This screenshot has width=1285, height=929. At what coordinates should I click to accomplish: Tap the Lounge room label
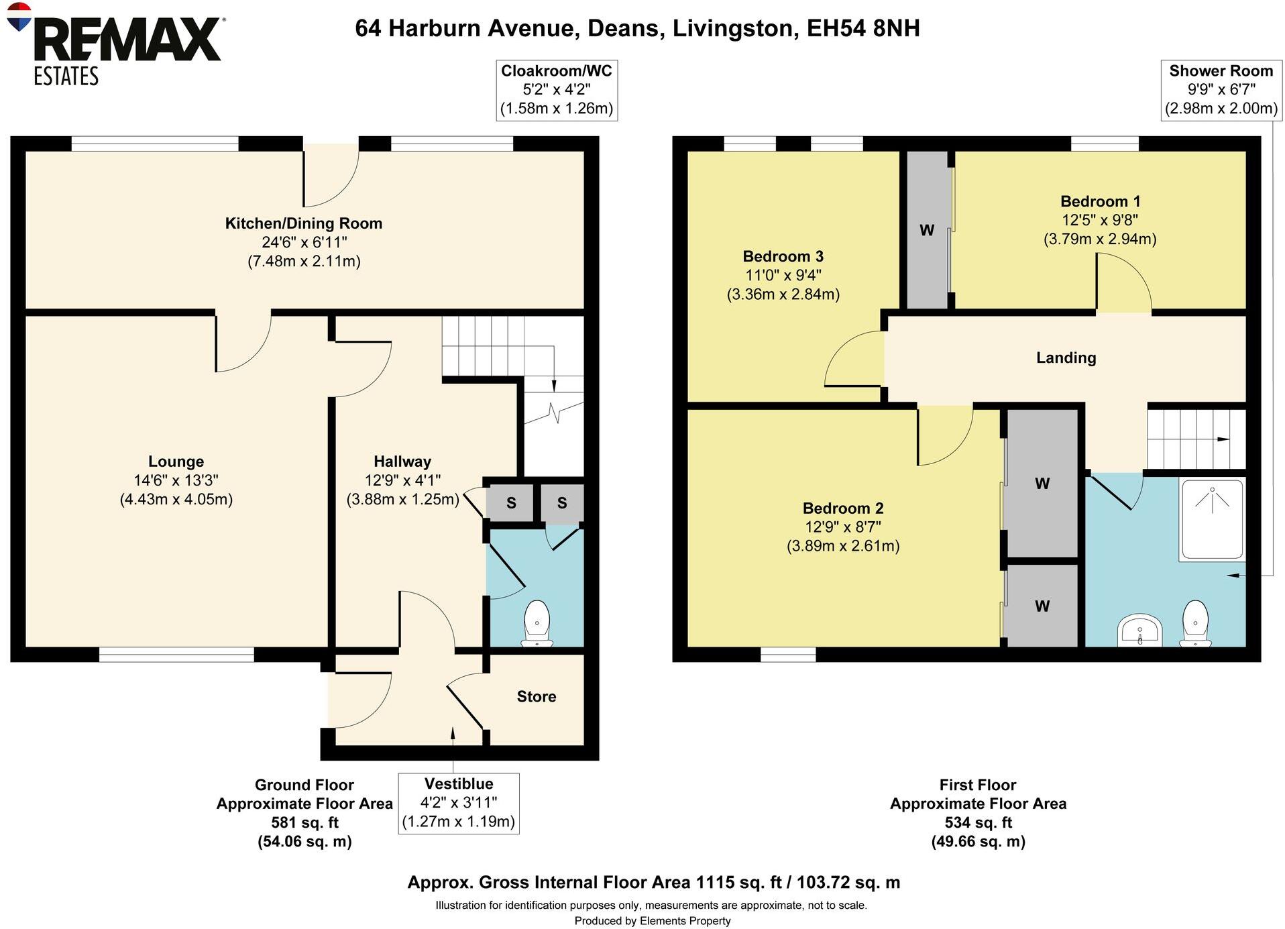pyautogui.click(x=176, y=461)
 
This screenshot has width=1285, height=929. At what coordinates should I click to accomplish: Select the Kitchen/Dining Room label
pyautogui.click(x=303, y=223)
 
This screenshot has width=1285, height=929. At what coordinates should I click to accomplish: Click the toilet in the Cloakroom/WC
pyautogui.click(x=537, y=624)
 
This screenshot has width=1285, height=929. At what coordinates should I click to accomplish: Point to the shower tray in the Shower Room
pyautogui.click(x=1211, y=520)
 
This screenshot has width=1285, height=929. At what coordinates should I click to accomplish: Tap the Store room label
pyautogui.click(x=537, y=696)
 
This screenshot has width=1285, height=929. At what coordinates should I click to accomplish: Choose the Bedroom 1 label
pyautogui.click(x=1100, y=201)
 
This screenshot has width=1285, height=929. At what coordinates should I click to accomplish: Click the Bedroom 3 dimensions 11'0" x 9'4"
pyautogui.click(x=783, y=275)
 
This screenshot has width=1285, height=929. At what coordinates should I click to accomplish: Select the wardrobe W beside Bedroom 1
pyautogui.click(x=927, y=230)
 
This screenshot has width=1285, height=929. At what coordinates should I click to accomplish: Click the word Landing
pyautogui.click(x=1066, y=358)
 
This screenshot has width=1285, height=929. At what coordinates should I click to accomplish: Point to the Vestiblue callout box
pyautogui.click(x=459, y=803)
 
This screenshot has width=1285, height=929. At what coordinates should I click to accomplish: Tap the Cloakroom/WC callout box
pyautogui.click(x=557, y=90)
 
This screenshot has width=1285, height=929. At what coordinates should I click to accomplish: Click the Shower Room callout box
pyautogui.click(x=1221, y=90)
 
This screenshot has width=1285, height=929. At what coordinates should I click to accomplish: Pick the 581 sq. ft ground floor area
pyautogui.click(x=304, y=822)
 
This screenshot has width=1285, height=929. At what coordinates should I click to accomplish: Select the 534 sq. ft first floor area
pyautogui.click(x=978, y=822)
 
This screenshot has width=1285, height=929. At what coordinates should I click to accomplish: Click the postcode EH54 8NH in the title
pyautogui.click(x=863, y=28)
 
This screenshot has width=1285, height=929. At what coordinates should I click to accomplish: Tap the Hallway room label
pyautogui.click(x=402, y=461)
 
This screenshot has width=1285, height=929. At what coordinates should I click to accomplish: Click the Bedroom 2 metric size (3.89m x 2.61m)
pyautogui.click(x=843, y=546)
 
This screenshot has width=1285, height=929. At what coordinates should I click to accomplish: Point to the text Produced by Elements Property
pyautogui.click(x=652, y=921)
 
